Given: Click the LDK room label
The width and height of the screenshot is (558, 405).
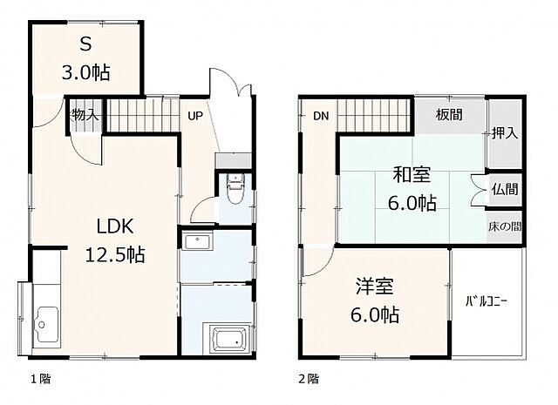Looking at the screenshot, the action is (x=115, y=226).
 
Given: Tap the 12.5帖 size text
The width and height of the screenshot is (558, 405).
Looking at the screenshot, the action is (x=115, y=254).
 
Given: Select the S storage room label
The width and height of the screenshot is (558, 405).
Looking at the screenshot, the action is (x=85, y=44).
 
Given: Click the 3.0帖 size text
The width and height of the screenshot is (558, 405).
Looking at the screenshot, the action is (x=85, y=73).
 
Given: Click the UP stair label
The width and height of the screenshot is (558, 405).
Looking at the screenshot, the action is (x=195, y=116).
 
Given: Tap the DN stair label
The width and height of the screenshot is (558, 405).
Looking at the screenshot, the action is (x=321, y=116).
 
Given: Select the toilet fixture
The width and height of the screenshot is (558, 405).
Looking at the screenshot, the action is (x=235, y=189).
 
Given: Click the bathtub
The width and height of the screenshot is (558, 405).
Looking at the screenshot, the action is (x=230, y=339).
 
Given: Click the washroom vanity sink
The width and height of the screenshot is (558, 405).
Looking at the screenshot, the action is (x=197, y=242).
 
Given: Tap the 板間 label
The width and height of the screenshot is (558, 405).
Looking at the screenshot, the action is (x=449, y=115).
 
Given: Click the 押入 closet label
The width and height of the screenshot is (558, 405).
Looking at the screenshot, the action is (x=505, y=133).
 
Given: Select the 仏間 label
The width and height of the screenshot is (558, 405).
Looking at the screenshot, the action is (x=505, y=189).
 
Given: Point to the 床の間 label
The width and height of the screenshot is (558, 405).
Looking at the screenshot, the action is (x=505, y=226).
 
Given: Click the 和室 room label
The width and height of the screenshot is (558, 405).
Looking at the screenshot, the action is (x=412, y=174).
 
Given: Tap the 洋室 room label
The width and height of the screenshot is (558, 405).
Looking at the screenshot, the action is (x=375, y=287).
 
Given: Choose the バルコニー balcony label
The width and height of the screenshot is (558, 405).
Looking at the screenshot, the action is (x=487, y=302).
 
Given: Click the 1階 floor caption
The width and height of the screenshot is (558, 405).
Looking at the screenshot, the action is (x=40, y=379).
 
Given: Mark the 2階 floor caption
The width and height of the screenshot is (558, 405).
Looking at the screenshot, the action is (x=309, y=379).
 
